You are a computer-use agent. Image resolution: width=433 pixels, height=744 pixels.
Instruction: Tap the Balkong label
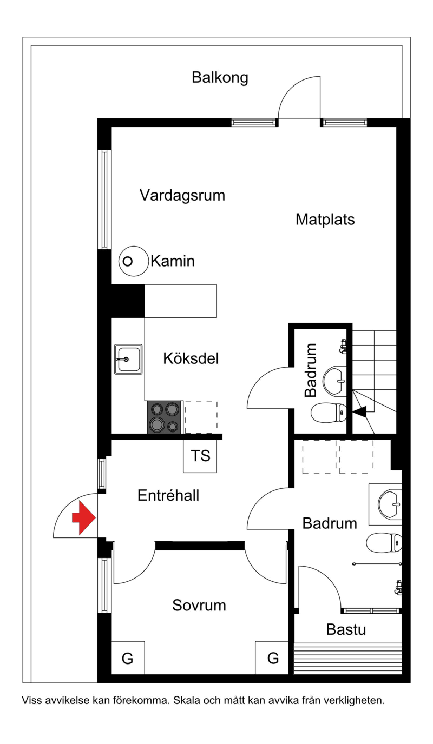[220, 78]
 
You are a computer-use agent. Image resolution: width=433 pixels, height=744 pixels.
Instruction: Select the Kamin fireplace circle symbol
[133, 261]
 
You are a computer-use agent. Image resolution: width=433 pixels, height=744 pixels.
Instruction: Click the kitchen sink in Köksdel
[128, 359]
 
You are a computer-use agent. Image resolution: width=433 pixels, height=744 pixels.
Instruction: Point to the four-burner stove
[164, 417]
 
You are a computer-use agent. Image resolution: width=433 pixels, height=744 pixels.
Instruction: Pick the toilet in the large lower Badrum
[384, 542]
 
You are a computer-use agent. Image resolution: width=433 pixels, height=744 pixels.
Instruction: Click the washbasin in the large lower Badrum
[389, 504]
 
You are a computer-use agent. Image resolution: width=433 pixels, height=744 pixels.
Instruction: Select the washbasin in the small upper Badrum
[335, 381]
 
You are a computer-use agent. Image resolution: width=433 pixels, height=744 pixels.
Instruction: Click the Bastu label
[346, 629]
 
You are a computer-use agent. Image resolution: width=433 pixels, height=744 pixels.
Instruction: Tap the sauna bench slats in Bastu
[348, 658]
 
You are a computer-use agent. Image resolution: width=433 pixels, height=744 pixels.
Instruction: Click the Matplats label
[325, 219]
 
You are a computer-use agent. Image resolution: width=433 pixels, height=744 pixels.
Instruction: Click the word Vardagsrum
[182, 195]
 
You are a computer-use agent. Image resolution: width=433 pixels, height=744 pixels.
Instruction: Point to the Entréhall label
[168, 495]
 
